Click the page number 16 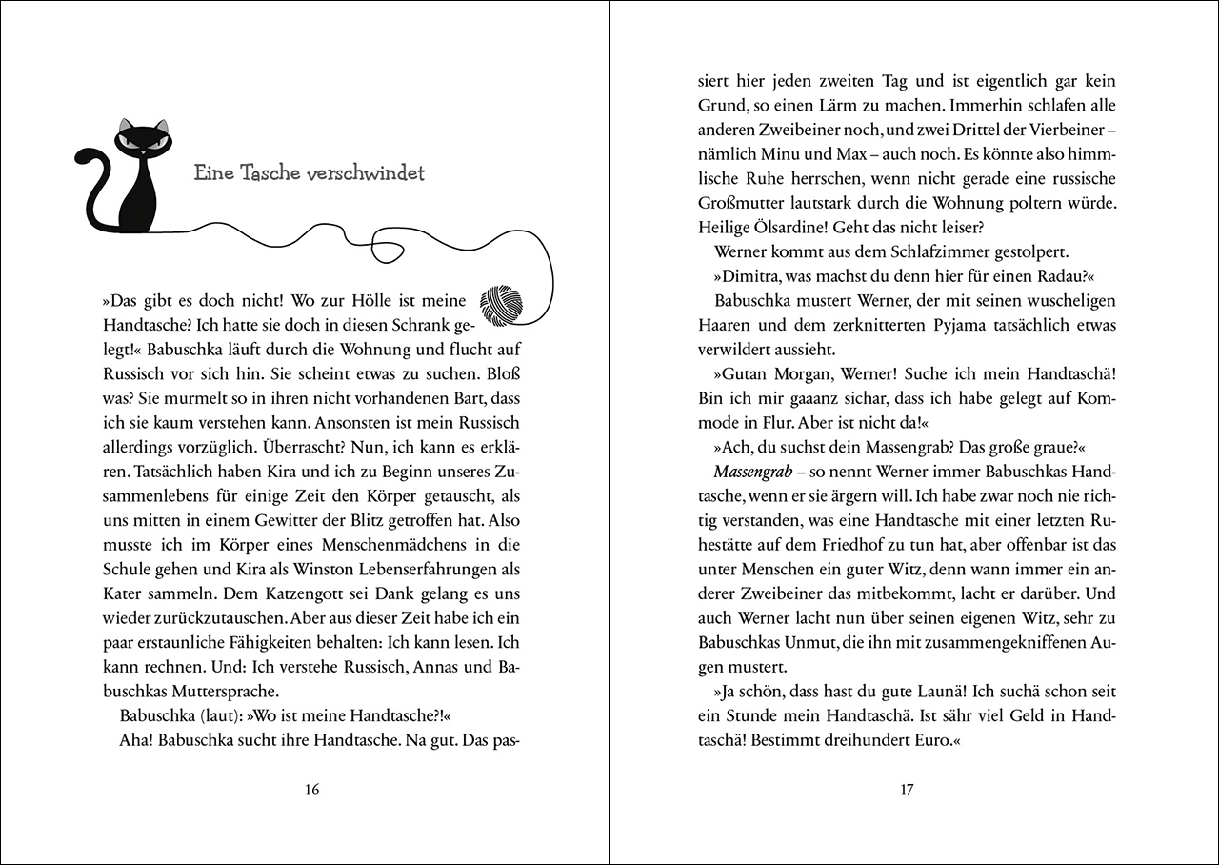pyautogui.click(x=310, y=789)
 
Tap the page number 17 pyautogui.click(x=907, y=789)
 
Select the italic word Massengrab pyautogui.click(x=752, y=473)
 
